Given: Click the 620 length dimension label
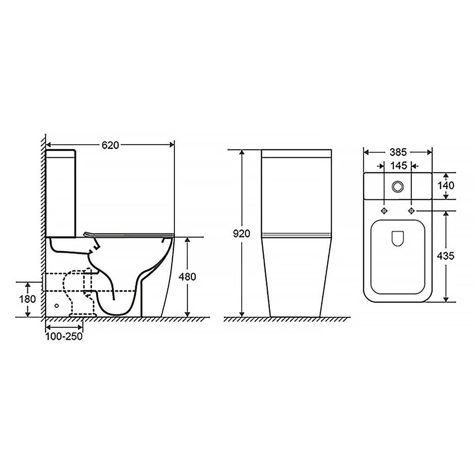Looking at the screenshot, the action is (x=110, y=145).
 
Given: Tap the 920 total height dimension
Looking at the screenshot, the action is (x=241, y=234).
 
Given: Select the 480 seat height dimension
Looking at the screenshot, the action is (x=187, y=276).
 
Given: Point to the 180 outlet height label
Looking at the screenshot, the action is (x=27, y=299).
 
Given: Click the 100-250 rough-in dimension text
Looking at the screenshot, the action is (x=64, y=336).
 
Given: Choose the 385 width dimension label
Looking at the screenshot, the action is (x=398, y=152).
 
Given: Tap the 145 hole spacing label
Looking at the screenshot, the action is (x=398, y=166).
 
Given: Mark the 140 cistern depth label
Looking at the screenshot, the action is (x=446, y=186).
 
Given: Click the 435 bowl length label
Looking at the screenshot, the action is (x=446, y=256).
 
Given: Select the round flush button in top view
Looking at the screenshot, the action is (x=398, y=186).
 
